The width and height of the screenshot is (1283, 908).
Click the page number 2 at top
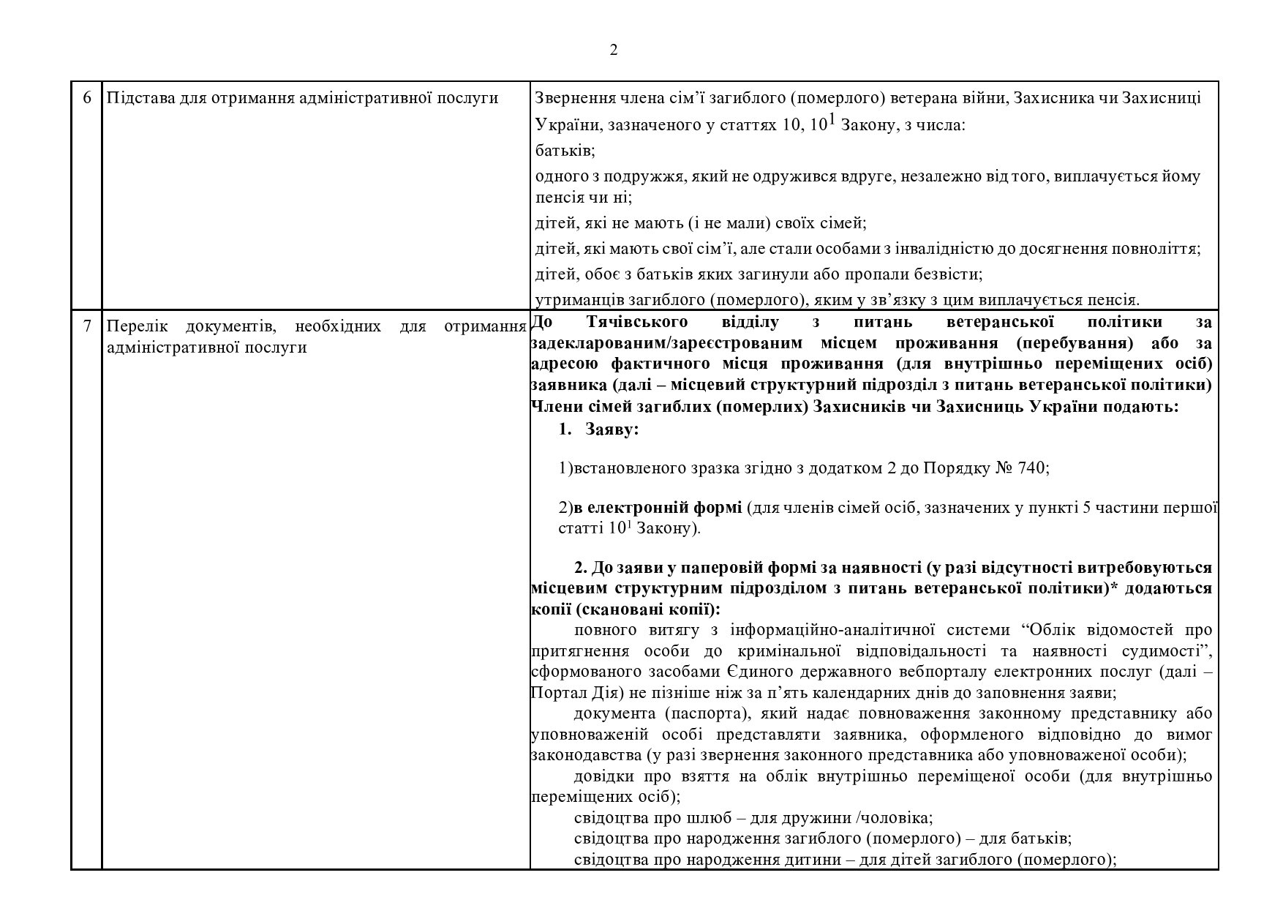(x=613, y=50)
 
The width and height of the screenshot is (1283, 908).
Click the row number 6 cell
(x=86, y=97)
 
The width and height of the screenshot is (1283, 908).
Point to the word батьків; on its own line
(x=565, y=151)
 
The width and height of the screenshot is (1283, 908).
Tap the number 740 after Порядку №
(x=1033, y=468)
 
